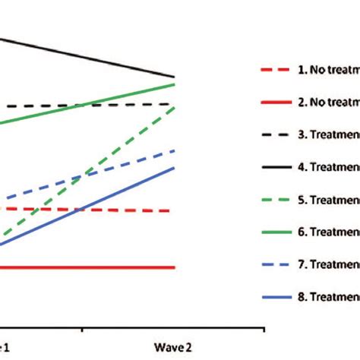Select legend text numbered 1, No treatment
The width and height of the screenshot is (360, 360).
pyautogui.click(x=329, y=71)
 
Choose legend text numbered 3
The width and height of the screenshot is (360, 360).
pyautogui.click(x=329, y=136)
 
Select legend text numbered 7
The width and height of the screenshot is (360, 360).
pyautogui.click(x=329, y=265)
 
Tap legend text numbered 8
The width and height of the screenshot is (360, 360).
pyautogui.click(x=329, y=298)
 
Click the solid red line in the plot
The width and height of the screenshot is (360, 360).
pyautogui.click(x=91, y=267)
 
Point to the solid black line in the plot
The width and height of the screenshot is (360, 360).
pyautogui.click(x=91, y=56)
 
